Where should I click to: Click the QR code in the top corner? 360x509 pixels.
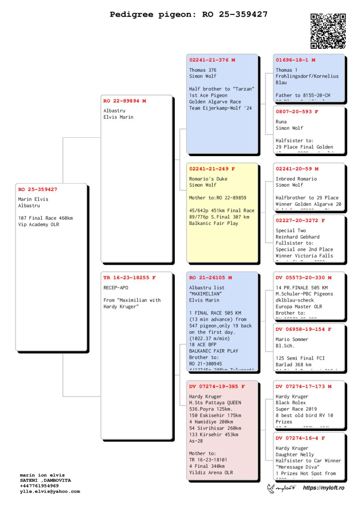(x=328, y=31)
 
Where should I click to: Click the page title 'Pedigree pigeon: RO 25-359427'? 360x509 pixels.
(x=189, y=14)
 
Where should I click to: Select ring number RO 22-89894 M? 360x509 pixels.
(x=125, y=101)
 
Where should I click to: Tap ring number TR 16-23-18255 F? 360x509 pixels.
(x=129, y=278)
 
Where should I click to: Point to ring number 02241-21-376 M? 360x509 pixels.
(x=212, y=60)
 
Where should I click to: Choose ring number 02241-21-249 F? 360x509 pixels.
(x=212, y=169)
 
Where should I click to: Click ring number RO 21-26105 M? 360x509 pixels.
(x=210, y=278)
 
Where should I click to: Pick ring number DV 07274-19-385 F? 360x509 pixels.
(x=217, y=386)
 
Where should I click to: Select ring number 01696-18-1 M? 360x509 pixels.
(x=295, y=60)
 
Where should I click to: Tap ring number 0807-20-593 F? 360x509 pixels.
(x=297, y=112)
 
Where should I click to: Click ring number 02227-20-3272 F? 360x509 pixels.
(x=300, y=221)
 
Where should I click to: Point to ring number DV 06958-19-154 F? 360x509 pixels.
(x=304, y=329)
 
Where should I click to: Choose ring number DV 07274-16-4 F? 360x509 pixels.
(x=300, y=438)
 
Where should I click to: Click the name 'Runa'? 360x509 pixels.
(x=281, y=122)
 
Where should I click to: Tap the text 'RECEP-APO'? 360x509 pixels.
(x=116, y=288)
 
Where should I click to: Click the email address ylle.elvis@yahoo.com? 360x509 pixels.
(x=50, y=492)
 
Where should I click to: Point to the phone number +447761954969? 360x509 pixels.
(x=39, y=486)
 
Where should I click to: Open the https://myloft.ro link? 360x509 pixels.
(x=324, y=488)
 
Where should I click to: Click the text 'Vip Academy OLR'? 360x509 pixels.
(x=39, y=225)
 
